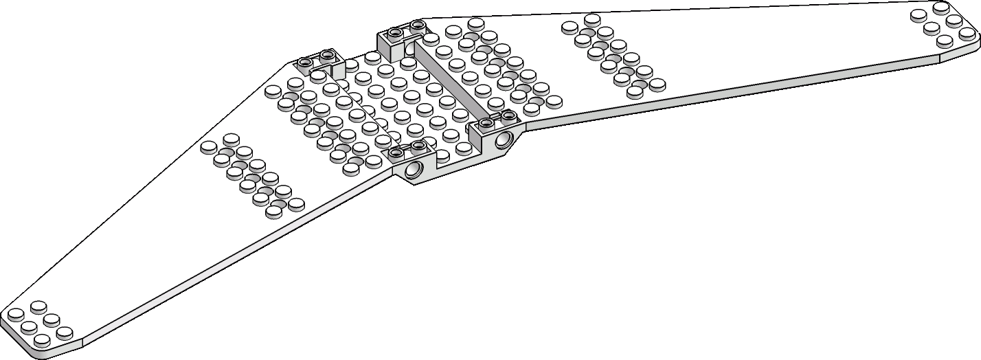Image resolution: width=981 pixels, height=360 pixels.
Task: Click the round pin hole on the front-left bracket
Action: pyautogui.click(x=414, y=170)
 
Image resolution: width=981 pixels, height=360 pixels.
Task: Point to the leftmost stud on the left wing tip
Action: pyautogui.click(x=15, y=314)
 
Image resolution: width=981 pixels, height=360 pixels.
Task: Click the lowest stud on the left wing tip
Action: pyautogui.click(x=43, y=339)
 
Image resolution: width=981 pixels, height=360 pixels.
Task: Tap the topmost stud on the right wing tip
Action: pyautogui.click(x=941, y=7)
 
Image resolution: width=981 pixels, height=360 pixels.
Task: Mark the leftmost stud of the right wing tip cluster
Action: pyautogui.click(x=919, y=14)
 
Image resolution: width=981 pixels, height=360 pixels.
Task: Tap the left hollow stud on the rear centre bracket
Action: pyautogui.click(x=394, y=32)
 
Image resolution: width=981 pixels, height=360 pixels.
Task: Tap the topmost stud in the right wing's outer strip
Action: pyautogui.click(x=591, y=19)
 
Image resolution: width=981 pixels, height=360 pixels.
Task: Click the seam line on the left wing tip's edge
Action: pyautogui.click(x=82, y=341)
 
